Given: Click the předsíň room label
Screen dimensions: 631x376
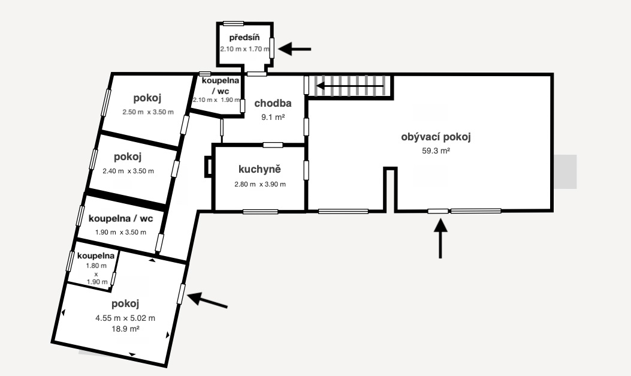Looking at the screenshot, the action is pyautogui.click(x=244, y=38).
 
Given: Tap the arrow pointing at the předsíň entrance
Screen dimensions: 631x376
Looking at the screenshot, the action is pyautogui.click(x=295, y=49).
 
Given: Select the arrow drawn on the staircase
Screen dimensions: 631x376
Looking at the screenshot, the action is pyautogui.click(x=350, y=86).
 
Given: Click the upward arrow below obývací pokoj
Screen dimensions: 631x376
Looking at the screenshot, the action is pyautogui.click(x=440, y=238).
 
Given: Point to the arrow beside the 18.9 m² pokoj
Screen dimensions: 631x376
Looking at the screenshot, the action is pyautogui.click(x=207, y=300).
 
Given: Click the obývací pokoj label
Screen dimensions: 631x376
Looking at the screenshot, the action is pyautogui.click(x=436, y=137).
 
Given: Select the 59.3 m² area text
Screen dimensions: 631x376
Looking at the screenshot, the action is pyautogui.click(x=436, y=151).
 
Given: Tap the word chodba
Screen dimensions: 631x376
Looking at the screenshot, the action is pyautogui.click(x=273, y=104).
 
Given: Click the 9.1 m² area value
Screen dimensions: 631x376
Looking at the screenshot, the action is pyautogui.click(x=273, y=117).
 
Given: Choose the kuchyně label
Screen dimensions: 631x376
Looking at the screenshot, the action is pyautogui.click(x=259, y=169).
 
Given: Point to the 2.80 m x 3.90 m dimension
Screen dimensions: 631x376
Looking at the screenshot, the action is pyautogui.click(x=260, y=184).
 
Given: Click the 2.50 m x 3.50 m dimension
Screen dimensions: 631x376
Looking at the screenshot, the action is pyautogui.click(x=148, y=112).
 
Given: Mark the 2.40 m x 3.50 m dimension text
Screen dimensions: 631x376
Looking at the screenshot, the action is pyautogui.click(x=128, y=171).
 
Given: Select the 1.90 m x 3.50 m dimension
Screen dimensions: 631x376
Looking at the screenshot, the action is pyautogui.click(x=120, y=232).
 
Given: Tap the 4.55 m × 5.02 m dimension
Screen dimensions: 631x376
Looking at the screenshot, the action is pyautogui.click(x=125, y=318).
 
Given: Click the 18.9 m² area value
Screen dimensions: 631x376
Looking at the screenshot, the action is pyautogui.click(x=125, y=329).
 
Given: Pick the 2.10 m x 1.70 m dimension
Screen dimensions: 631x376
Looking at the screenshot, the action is pyautogui.click(x=244, y=49).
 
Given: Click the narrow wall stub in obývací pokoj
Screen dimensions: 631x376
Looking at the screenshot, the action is pyautogui.click(x=390, y=189).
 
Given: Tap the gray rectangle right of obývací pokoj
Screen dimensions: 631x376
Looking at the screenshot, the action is pyautogui.click(x=565, y=172).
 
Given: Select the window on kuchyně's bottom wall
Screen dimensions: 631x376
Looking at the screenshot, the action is pyautogui.click(x=260, y=212).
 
